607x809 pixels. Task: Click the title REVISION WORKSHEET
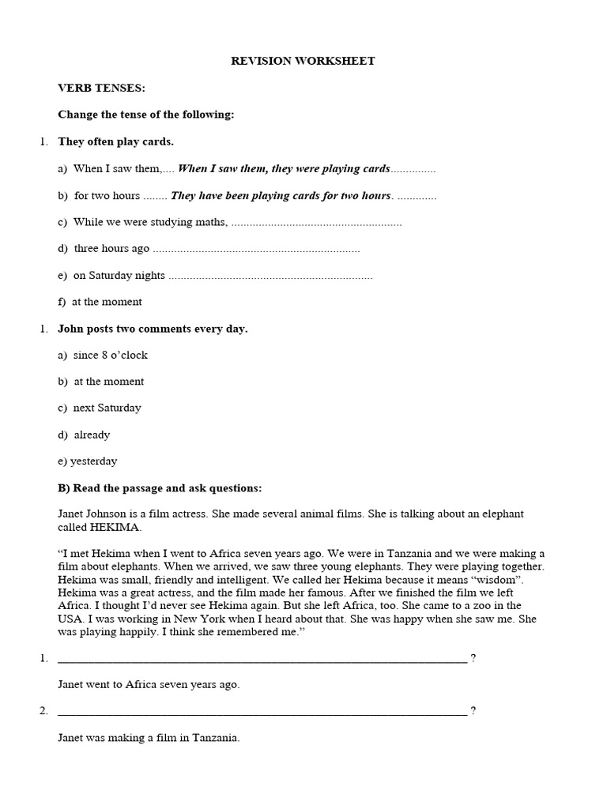(x=303, y=61)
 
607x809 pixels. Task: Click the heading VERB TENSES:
(x=101, y=88)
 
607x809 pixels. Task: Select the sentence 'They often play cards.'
(x=115, y=141)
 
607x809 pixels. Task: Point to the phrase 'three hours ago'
(x=111, y=248)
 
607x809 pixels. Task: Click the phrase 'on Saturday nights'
(x=119, y=275)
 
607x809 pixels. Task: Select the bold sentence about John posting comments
(x=153, y=329)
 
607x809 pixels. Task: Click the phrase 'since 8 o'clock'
(x=111, y=355)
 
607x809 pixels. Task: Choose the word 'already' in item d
(x=92, y=435)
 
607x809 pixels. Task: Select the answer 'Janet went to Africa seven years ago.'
(x=149, y=684)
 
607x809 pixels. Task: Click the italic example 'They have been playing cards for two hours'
(x=281, y=195)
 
